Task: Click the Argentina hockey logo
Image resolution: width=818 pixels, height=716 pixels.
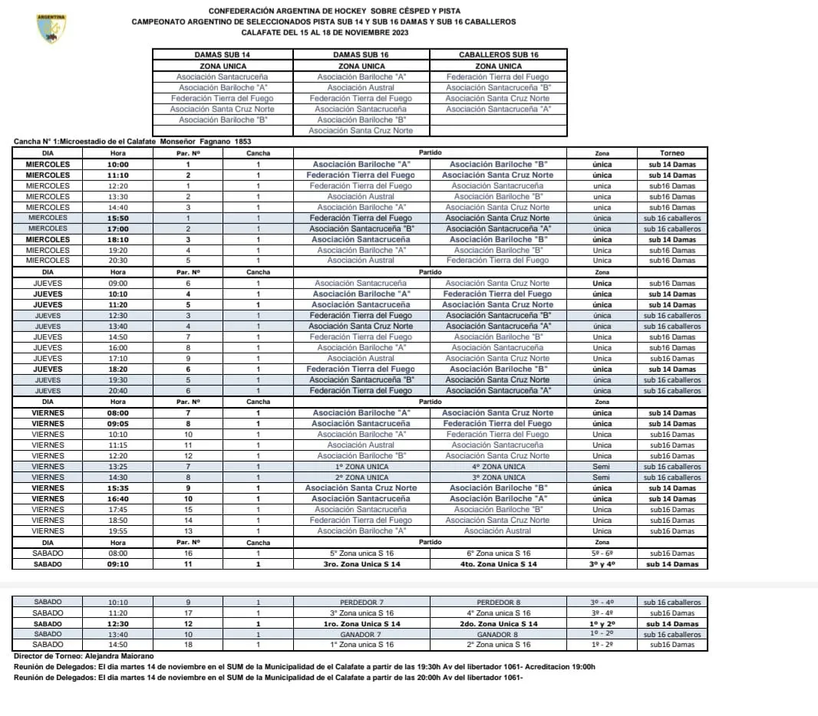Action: (x=52, y=28)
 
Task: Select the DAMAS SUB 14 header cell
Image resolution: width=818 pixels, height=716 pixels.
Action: (x=222, y=55)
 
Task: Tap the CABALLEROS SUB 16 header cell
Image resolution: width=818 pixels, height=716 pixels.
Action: (x=498, y=55)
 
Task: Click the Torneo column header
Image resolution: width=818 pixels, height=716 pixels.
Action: (x=671, y=153)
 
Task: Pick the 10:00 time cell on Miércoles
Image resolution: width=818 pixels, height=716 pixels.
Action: (x=117, y=164)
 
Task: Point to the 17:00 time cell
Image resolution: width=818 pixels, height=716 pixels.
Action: (x=117, y=228)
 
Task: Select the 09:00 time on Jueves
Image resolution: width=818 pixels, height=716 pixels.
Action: (x=117, y=284)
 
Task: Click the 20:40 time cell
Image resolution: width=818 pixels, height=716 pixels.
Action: (x=117, y=391)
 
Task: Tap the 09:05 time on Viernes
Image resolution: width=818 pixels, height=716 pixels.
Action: (x=117, y=424)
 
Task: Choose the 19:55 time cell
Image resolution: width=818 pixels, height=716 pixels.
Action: (x=117, y=531)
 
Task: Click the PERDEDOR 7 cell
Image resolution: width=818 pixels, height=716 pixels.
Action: (x=361, y=603)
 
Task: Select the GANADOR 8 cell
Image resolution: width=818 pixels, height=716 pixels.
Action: (x=499, y=635)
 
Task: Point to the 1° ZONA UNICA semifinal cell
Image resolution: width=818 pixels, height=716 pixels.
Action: (x=361, y=467)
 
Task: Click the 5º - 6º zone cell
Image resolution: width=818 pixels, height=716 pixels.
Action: (x=602, y=553)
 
